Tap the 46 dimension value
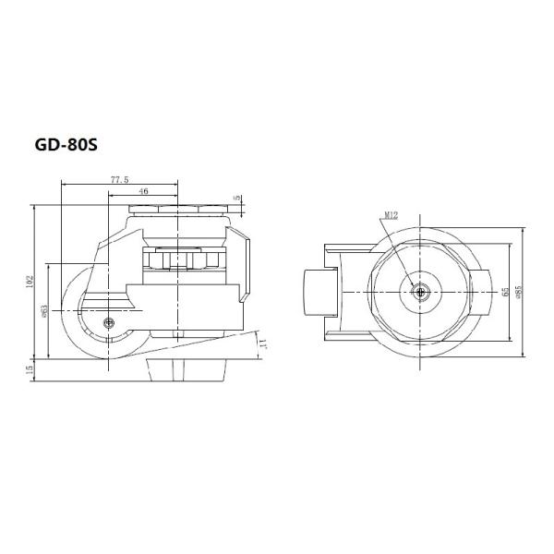tap(144, 191)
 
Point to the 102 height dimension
tap(30, 278)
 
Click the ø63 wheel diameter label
tap(44, 311)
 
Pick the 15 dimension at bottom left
tap(30, 368)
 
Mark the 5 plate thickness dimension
tap(237, 198)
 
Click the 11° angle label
tap(263, 343)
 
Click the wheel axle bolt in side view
tap(110, 323)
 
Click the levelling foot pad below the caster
tap(185, 369)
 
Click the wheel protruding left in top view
tap(319, 292)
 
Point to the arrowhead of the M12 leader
tap(416, 285)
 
